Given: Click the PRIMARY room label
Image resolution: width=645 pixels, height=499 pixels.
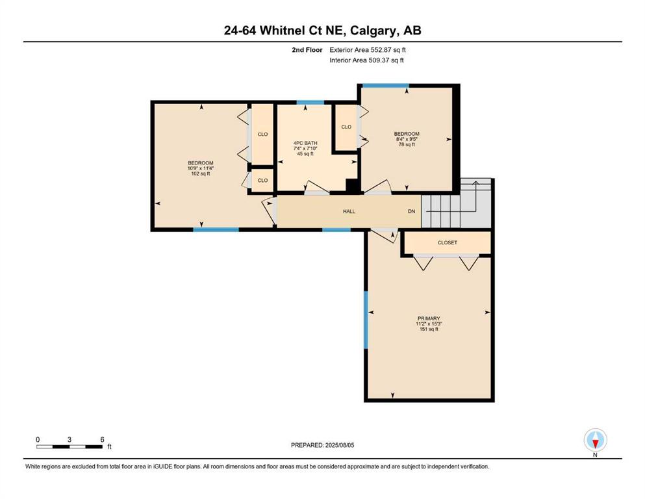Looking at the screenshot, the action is pyautogui.click(x=429, y=318).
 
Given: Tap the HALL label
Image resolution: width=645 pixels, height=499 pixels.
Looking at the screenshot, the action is pyautogui.click(x=349, y=211).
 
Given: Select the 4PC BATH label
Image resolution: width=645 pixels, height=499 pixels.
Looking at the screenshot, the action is pyautogui.click(x=305, y=143).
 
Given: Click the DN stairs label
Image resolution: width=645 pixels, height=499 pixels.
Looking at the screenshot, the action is pyautogui.click(x=411, y=211).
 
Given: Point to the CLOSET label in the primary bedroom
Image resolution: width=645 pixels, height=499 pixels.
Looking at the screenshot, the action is pyautogui.click(x=447, y=243).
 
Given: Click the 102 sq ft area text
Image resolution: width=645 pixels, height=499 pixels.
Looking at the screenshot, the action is pyautogui.click(x=201, y=173).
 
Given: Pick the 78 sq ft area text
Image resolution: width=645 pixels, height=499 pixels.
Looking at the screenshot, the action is pyautogui.click(x=407, y=144).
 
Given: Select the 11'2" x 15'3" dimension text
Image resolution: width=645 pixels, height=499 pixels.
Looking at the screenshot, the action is pyautogui.click(x=429, y=324).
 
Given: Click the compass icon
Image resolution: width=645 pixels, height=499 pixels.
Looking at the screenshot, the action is pyautogui.click(x=595, y=440).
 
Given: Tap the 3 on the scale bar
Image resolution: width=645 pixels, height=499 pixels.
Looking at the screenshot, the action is pyautogui.click(x=70, y=439).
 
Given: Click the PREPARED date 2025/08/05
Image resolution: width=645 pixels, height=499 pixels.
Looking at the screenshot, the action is pyautogui.click(x=339, y=445).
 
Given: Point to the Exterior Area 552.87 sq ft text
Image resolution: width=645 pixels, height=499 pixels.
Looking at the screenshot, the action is pyautogui.click(x=368, y=50).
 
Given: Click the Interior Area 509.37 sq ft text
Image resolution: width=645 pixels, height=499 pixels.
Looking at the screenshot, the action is pyautogui.click(x=366, y=60).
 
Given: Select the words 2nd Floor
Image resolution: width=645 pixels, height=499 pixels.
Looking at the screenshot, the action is pyautogui.click(x=307, y=50).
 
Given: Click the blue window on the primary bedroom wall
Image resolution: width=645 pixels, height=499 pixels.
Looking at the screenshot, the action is pyautogui.click(x=366, y=320).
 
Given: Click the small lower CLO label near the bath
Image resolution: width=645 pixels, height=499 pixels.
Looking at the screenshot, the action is pyautogui.click(x=262, y=180).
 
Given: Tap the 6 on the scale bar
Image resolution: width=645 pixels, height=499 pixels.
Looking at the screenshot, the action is pyautogui.click(x=102, y=439).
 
